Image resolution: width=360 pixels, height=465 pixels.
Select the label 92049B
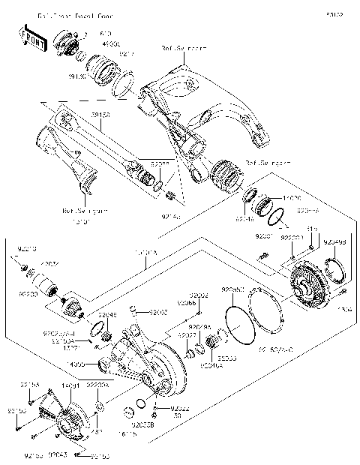[335, 242]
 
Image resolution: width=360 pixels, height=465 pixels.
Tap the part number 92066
[187, 303]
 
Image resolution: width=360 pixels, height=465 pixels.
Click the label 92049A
[199, 327]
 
